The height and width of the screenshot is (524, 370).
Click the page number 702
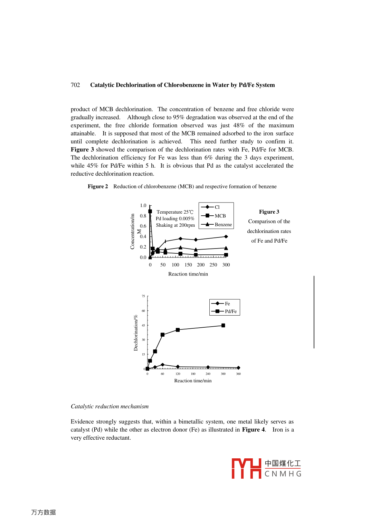click(75, 85)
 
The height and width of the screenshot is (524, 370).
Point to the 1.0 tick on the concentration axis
click(143, 205)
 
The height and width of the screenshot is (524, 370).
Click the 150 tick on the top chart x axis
click(188, 265)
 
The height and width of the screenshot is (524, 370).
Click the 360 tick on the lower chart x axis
click(238, 374)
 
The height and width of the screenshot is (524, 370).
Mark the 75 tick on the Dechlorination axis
click(143, 296)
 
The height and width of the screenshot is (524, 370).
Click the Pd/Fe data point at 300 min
click(223, 326)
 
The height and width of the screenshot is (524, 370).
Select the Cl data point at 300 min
click(226, 237)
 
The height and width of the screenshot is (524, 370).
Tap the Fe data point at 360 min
click(238, 368)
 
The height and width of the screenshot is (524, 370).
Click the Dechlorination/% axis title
click(136, 333)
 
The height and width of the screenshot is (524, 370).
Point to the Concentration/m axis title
click(132, 231)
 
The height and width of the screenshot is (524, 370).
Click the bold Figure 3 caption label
click(269, 212)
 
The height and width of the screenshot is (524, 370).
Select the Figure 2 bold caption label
click(98, 187)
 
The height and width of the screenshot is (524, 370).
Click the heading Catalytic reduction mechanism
click(110, 406)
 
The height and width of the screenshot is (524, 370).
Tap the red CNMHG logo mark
click(246, 469)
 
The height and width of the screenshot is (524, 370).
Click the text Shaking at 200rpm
click(175, 225)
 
